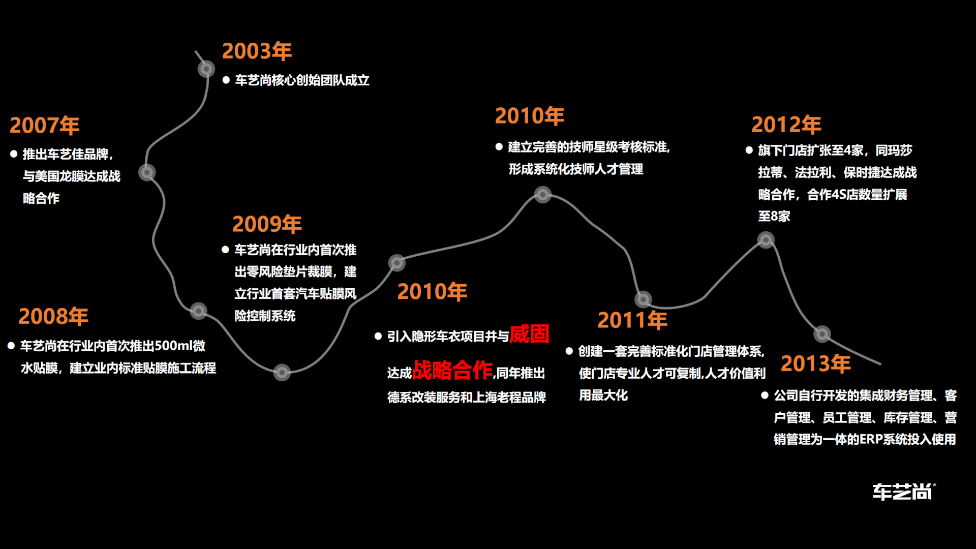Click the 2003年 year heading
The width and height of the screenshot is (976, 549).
(x=257, y=51)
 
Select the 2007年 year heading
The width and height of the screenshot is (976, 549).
(x=44, y=126)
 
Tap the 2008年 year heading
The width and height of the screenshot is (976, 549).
(x=53, y=317)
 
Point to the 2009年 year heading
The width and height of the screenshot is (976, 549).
(x=267, y=224)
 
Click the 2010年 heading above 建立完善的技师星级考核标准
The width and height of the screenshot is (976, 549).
(x=530, y=116)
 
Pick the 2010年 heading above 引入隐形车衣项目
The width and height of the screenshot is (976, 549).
(x=432, y=292)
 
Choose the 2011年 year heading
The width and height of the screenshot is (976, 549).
(x=632, y=320)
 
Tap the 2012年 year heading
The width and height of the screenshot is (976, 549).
(x=786, y=125)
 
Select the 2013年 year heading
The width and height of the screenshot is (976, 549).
(x=815, y=364)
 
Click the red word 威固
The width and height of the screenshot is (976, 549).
(x=529, y=334)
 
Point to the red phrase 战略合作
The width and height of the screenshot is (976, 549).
(x=452, y=370)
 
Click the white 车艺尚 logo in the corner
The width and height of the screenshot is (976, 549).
(x=903, y=492)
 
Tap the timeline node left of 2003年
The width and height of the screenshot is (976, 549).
(x=206, y=69)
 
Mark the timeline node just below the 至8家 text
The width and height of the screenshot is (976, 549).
(x=766, y=239)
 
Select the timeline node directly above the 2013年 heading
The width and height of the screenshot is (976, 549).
(x=822, y=334)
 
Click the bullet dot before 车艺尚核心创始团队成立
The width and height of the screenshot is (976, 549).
(x=226, y=80)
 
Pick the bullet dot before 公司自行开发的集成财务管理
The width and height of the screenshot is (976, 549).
(x=765, y=395)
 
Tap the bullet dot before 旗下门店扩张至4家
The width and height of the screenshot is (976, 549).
(x=749, y=150)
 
